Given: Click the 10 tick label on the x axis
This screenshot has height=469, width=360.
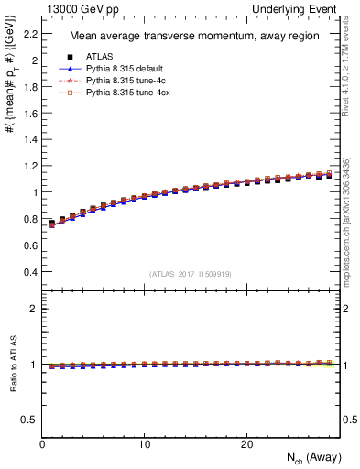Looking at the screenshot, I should pyautogui.click(x=144, y=444).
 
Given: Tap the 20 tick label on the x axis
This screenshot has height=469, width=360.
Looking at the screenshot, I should pyautogui.click(x=246, y=444).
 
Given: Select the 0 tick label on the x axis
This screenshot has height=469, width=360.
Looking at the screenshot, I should pyautogui.click(x=42, y=444).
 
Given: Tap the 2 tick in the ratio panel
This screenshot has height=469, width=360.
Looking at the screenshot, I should pyautogui.click(x=32, y=309).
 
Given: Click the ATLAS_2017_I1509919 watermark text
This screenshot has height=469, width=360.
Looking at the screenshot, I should pyautogui.click(x=190, y=273).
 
